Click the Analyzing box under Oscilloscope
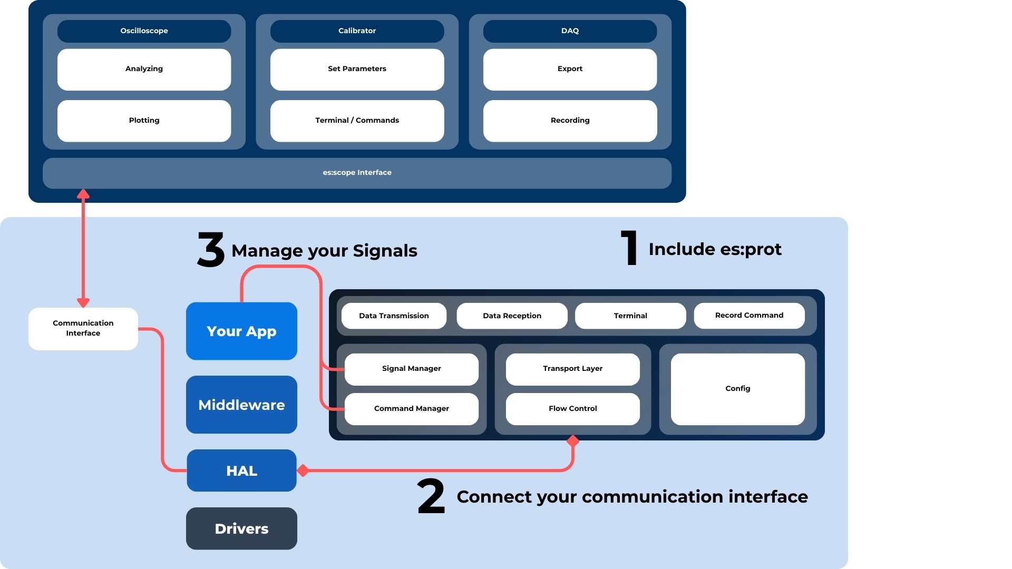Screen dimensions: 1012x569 point(144,70)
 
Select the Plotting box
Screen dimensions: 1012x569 point(144,121)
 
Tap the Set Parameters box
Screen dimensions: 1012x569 point(357,70)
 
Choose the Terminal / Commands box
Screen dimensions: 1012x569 point(357,121)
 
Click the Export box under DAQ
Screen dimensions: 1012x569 point(570,70)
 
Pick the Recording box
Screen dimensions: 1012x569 point(570,121)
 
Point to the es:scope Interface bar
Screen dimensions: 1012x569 point(357,173)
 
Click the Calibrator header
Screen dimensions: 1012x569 point(357,31)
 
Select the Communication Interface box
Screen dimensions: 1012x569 point(83,329)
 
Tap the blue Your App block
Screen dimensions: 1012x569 point(241,331)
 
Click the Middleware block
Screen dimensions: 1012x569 point(241,405)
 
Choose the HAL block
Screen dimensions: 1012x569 point(241,470)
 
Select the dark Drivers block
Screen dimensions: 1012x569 point(241,528)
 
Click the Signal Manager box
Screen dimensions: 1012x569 point(412,369)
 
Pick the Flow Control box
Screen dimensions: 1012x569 point(573,409)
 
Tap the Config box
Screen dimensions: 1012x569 point(738,389)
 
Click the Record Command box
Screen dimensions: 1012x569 point(749,316)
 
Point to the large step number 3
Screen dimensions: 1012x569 point(211,250)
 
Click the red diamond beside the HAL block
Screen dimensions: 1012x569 point(303,470)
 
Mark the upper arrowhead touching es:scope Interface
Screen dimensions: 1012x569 point(83,194)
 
